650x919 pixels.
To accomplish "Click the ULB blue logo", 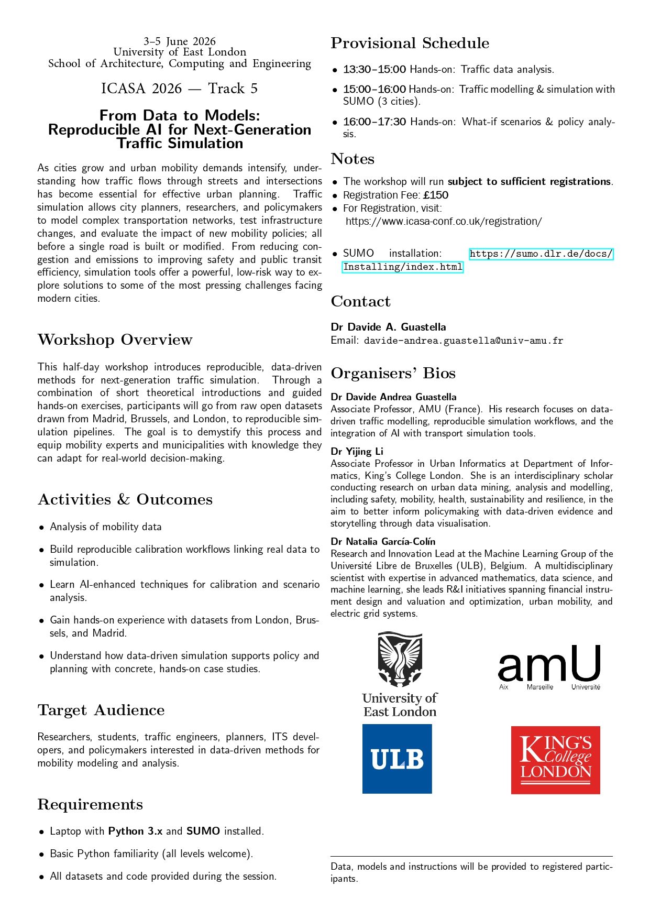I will (397, 758).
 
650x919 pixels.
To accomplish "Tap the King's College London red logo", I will (555, 760).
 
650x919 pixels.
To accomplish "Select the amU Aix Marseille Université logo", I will (549, 667).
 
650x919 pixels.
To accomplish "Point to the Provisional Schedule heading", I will (410, 43).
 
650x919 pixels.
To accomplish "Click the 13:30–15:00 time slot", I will (374, 69).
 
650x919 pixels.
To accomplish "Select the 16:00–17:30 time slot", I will (374, 122).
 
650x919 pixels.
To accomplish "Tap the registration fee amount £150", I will (436, 195).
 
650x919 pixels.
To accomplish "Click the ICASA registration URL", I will (444, 221).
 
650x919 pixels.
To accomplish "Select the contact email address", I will (464, 341).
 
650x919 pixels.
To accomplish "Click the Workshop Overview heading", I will (115, 340).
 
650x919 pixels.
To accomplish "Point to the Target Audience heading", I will (101, 710).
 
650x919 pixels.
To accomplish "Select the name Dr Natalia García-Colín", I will (383, 541).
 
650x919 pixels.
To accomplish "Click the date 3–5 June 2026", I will (180, 41).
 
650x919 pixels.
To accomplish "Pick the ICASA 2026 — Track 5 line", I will (180, 89).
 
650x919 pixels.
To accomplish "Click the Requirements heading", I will (90, 804).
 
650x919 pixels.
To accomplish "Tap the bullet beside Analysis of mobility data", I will (41, 527).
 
